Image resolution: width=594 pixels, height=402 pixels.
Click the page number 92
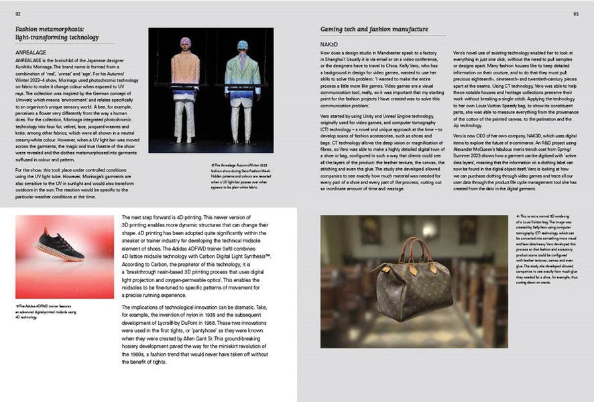click(18, 13)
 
